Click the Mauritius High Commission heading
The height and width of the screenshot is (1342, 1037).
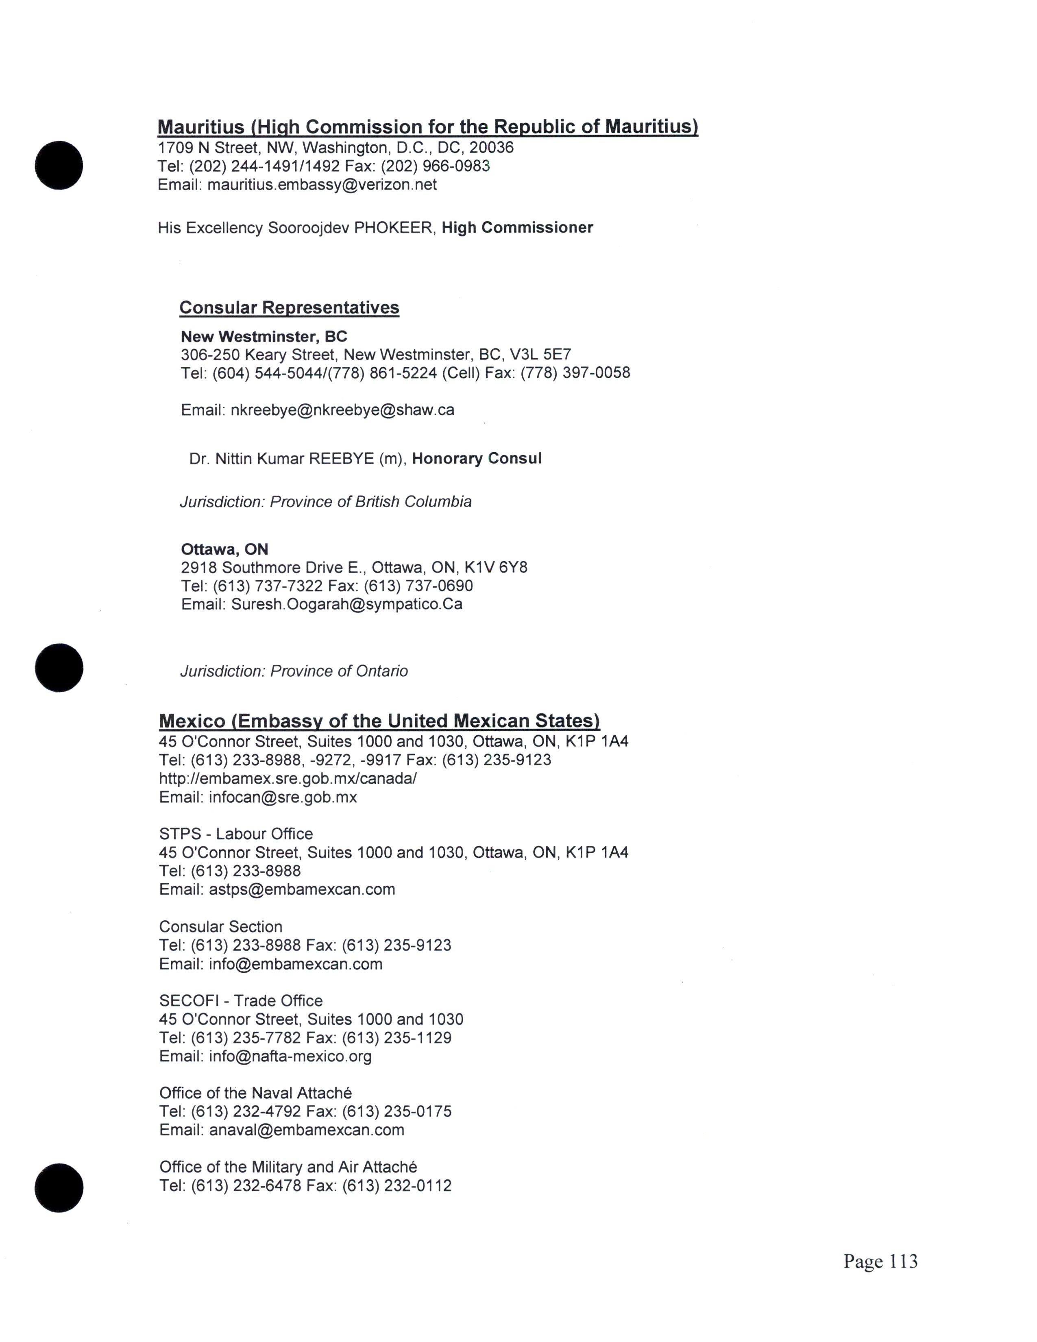coord(427,126)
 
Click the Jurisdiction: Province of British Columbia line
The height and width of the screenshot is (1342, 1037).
coord(326,502)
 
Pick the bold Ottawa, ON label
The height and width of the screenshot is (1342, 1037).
coord(224,549)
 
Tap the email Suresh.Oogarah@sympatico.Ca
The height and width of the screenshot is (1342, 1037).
coord(346,604)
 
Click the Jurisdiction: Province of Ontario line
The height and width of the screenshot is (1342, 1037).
coord(294,671)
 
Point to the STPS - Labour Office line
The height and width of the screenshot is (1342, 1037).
coord(236,834)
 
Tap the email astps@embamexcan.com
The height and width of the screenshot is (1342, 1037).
coord(302,889)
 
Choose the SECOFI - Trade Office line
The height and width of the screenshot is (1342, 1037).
coord(241,1001)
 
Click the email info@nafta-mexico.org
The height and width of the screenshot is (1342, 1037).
coord(290,1056)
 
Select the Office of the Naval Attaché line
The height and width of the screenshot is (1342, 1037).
coord(255,1093)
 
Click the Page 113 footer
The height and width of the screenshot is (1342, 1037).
coord(880,1261)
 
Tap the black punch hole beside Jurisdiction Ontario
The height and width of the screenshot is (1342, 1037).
coord(59,668)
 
